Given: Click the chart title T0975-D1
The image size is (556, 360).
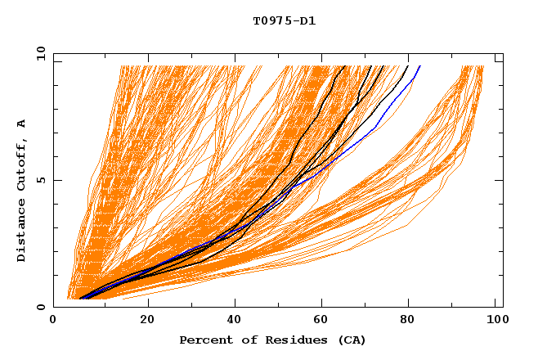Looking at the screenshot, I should pyautogui.click(x=284, y=21).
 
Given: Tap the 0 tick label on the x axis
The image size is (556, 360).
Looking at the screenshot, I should pyautogui.click(x=53, y=321).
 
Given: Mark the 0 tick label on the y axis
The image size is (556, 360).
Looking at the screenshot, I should pyautogui.click(x=41, y=307).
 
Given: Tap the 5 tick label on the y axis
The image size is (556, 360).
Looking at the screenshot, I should pyautogui.click(x=41, y=180).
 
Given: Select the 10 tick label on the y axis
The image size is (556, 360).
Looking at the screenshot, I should pyautogui.click(x=38, y=53).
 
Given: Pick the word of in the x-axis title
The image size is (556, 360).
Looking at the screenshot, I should pyautogui.click(x=243, y=340).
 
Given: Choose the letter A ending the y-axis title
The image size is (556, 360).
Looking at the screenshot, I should pyautogui.click(x=21, y=123).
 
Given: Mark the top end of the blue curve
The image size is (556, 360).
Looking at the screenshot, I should pyautogui.click(x=420, y=65).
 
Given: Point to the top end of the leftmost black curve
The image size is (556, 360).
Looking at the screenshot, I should pyautogui.click(x=345, y=65).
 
